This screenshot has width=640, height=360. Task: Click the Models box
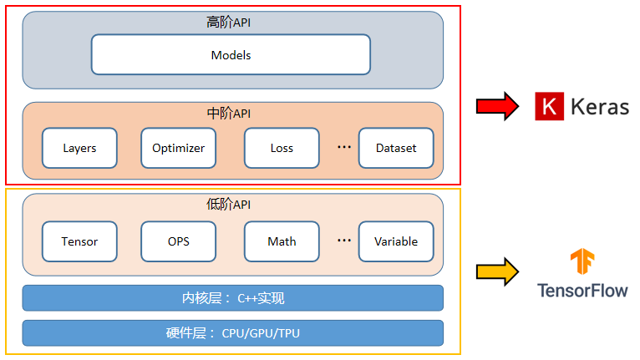[x=231, y=55]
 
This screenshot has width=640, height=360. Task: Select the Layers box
[x=79, y=148]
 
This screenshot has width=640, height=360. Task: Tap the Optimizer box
[x=178, y=148]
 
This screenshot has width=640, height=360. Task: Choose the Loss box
[x=282, y=148]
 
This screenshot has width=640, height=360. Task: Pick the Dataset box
[x=396, y=148]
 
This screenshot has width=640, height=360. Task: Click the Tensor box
[x=79, y=241]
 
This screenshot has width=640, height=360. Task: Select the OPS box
[x=178, y=241]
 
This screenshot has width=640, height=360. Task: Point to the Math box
[x=282, y=241]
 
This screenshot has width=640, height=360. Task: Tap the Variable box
[x=396, y=241]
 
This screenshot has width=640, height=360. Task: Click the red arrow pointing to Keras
[x=497, y=107]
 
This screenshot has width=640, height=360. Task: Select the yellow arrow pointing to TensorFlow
[x=497, y=272]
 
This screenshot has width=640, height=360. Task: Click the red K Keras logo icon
[x=549, y=107]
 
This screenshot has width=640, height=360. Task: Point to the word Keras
[x=599, y=107]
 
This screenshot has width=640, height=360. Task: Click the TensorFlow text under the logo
[x=582, y=291]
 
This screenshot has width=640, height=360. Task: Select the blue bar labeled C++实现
[x=232, y=298]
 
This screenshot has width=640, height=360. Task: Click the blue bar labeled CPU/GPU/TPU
[x=232, y=333]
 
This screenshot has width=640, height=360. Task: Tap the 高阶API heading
[x=228, y=23]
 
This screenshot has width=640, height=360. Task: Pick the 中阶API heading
[x=228, y=113]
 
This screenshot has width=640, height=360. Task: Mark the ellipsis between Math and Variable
[x=344, y=241]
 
